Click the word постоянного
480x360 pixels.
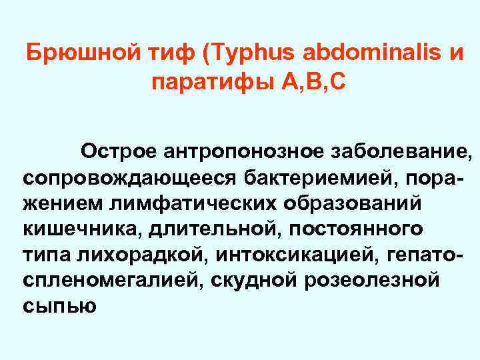(x=346, y=228)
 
